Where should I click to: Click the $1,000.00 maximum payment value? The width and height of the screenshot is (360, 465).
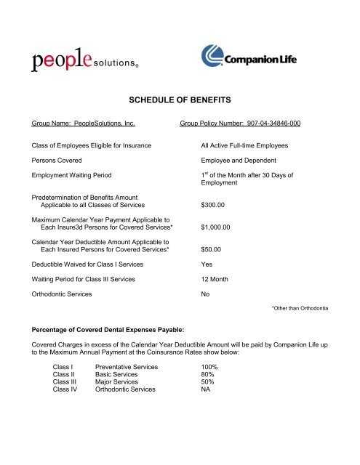(x=216, y=227)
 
